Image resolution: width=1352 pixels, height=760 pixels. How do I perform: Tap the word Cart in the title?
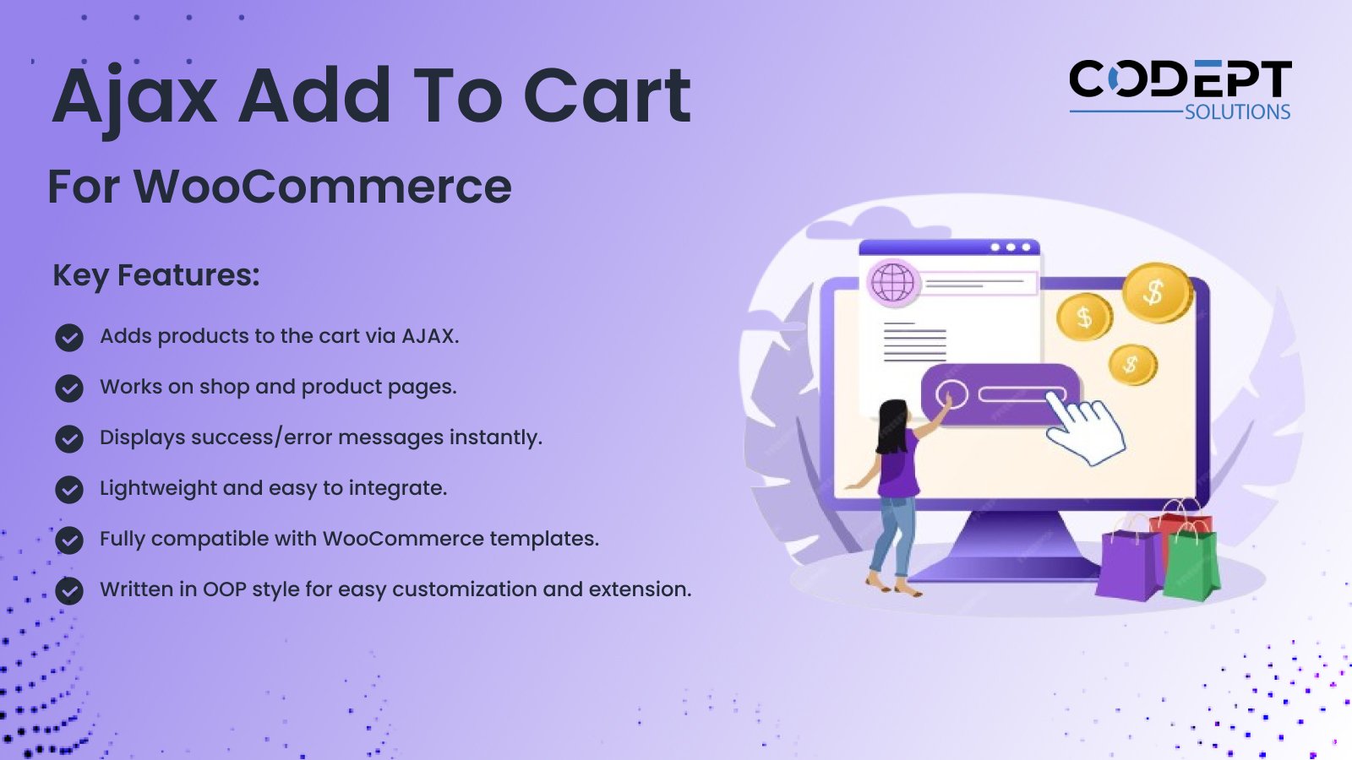click(x=607, y=95)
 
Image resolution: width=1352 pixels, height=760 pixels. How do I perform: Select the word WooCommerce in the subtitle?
click(x=322, y=187)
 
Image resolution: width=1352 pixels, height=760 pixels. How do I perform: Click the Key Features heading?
click(x=156, y=275)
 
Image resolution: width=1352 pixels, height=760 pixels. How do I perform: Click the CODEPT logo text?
click(x=1180, y=79)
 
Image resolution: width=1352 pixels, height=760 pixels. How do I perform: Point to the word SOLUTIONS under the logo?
click(x=1237, y=112)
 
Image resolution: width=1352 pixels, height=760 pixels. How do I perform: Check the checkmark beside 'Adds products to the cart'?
click(x=69, y=338)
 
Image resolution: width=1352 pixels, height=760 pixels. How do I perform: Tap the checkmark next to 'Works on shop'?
click(x=69, y=388)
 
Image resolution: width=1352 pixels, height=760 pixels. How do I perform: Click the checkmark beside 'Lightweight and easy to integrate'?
click(x=69, y=490)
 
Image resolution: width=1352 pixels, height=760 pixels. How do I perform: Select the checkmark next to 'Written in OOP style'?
click(x=69, y=591)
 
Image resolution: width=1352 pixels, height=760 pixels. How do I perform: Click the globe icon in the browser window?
click(x=892, y=282)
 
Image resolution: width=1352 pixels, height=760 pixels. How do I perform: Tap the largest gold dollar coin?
click(x=1156, y=293)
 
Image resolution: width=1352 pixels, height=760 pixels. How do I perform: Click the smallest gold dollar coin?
click(x=1133, y=364)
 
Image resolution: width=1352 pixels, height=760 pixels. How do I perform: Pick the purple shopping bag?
click(x=1128, y=565)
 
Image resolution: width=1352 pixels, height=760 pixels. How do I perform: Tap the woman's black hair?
click(x=891, y=426)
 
